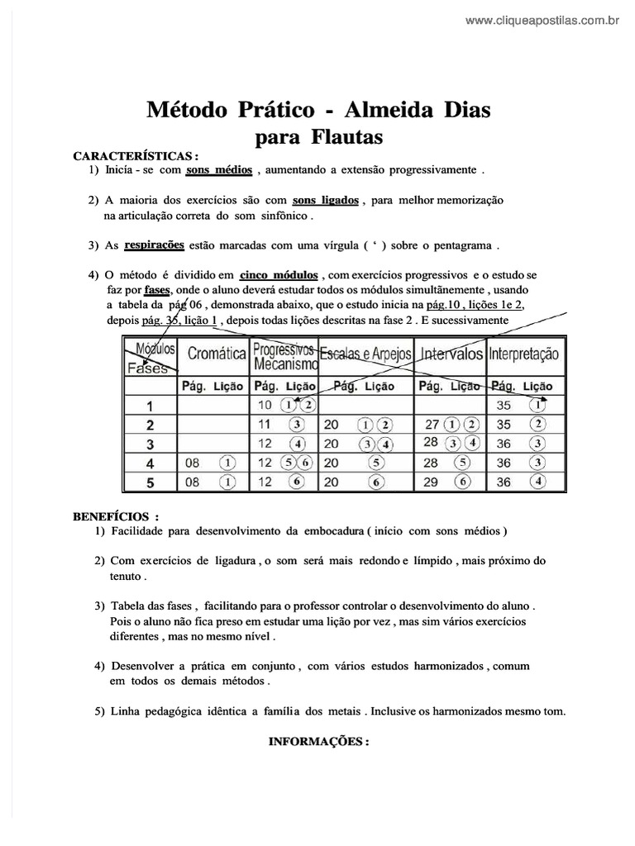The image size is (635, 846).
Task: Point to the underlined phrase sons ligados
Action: coord(326,201)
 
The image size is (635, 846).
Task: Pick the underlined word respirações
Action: coord(154,245)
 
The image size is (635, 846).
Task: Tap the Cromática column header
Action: coord(217,354)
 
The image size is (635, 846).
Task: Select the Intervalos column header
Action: coord(451,354)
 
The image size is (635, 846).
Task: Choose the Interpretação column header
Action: coord(524,354)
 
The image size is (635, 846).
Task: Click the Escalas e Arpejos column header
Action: coord(365,354)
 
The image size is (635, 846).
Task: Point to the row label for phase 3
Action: coord(150,444)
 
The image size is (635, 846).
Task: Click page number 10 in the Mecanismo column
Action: coord(265,406)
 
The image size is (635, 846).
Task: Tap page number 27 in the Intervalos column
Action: coord(431,425)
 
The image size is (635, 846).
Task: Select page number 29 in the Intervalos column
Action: coord(430,482)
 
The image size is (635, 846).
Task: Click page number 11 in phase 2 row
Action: coord(265,425)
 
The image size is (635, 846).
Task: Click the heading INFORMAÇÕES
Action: coord(318,741)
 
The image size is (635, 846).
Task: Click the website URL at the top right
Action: coord(542,21)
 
